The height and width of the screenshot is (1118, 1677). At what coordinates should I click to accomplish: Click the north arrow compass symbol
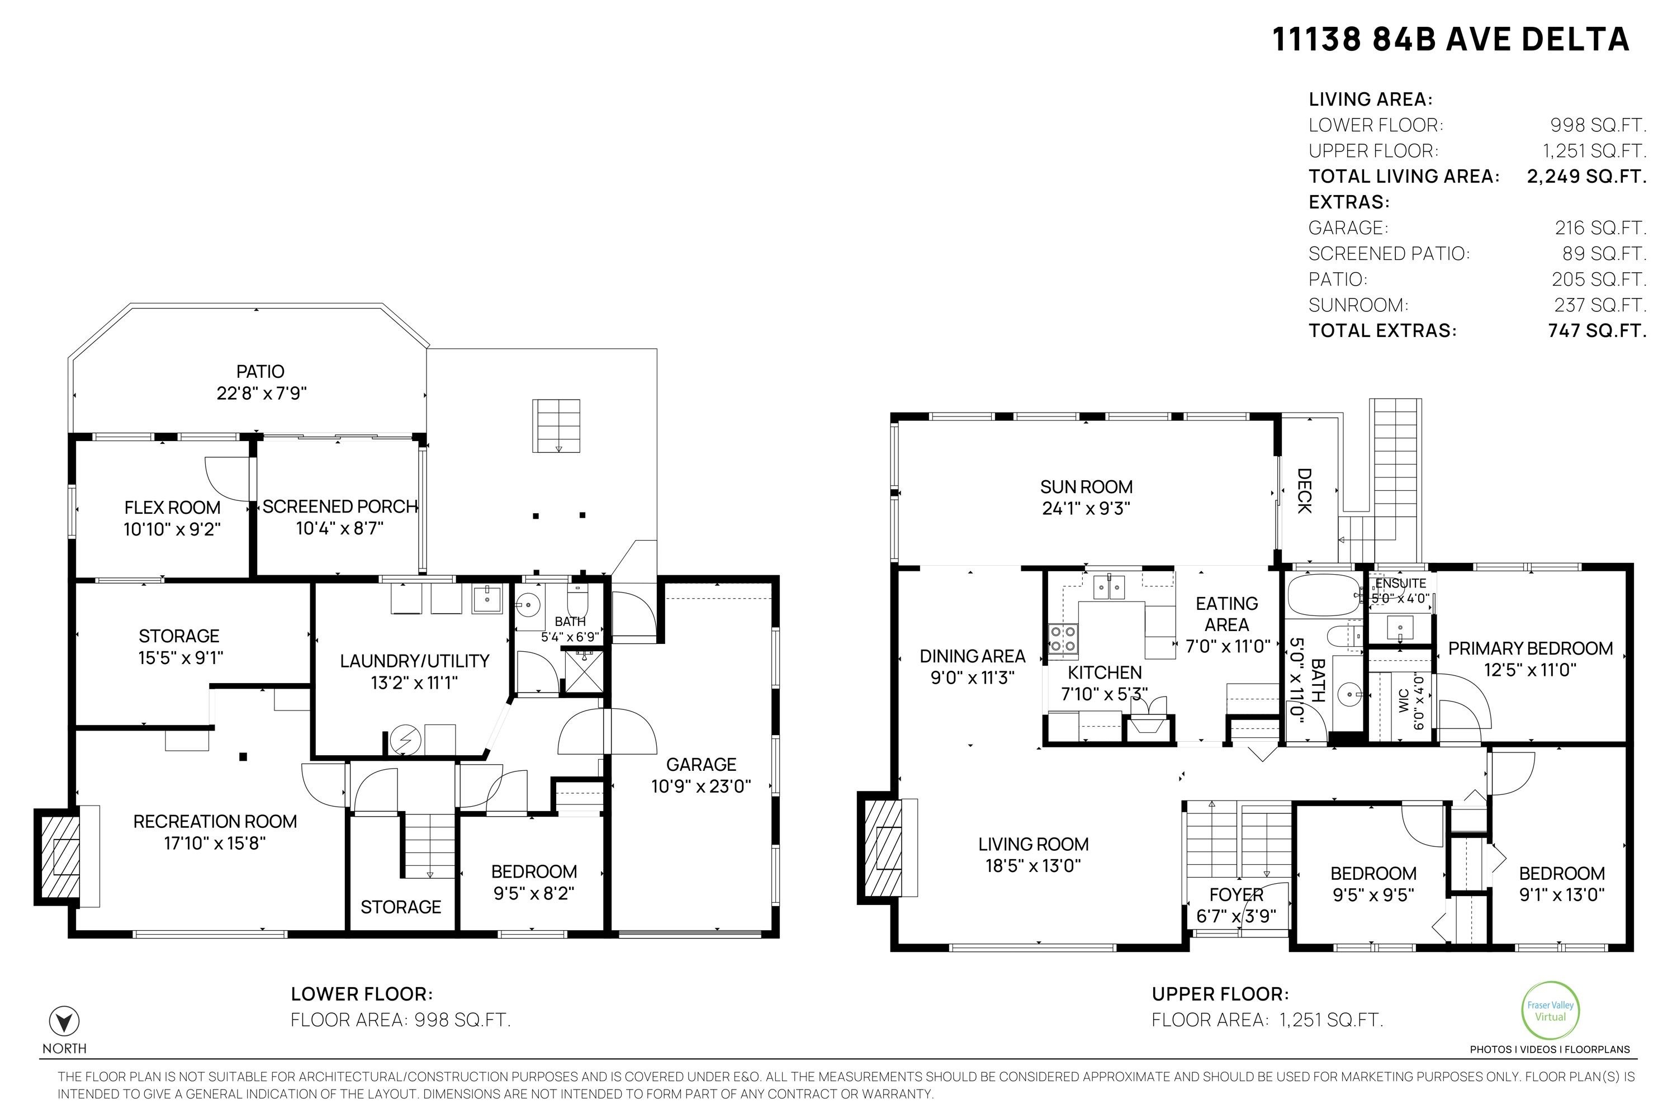coord(64,1022)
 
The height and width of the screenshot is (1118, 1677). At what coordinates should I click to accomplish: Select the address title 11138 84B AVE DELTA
coord(1451,39)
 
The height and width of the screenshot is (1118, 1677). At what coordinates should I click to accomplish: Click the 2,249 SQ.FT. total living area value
coord(1586,176)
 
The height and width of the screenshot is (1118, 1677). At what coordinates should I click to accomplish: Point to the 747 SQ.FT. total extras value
coord(1597,330)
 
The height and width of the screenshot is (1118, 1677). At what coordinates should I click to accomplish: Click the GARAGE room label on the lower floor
coord(701,764)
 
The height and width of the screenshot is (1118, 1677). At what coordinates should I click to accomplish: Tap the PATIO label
coord(260,372)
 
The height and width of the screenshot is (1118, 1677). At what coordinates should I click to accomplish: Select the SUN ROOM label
coord(1086,487)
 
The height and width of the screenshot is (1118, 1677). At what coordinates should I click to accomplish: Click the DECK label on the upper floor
coord(1304,491)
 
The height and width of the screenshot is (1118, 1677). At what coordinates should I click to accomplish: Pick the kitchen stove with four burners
coord(1063,639)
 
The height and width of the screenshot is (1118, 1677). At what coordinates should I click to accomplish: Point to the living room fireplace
coord(883,847)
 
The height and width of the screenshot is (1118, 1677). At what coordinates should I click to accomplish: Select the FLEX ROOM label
coord(173,508)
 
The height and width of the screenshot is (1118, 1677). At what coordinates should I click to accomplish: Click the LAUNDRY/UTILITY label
coord(414,661)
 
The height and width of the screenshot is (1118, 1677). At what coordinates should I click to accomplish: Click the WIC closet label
coord(1403,701)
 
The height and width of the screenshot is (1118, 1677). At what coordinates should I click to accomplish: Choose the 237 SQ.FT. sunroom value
coord(1600,305)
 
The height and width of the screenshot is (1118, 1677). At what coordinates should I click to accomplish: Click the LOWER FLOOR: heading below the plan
coord(362,994)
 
